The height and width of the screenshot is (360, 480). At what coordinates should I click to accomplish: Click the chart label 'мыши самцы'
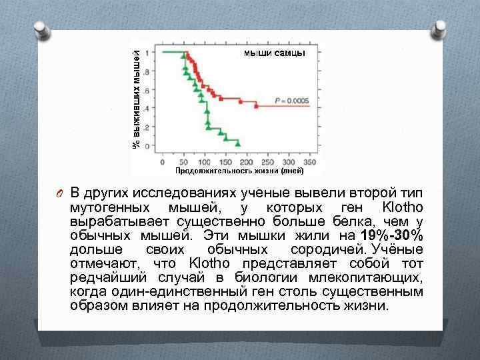[274, 53]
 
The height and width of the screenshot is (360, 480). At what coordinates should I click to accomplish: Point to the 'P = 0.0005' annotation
[291, 100]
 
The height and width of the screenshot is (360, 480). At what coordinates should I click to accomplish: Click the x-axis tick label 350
[308, 162]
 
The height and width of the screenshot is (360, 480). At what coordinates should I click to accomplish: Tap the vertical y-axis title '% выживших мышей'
[135, 93]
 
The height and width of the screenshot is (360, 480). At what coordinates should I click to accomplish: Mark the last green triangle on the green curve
[237, 141]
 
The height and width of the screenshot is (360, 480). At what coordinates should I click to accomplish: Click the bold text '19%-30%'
[390, 236]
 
